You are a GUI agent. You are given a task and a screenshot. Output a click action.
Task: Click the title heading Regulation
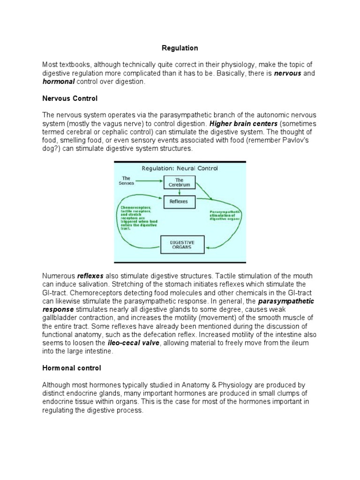click(x=180, y=48)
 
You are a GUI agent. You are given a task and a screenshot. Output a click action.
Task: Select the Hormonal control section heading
click(x=71, y=368)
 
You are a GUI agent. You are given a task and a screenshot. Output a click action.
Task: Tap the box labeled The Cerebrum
click(x=179, y=182)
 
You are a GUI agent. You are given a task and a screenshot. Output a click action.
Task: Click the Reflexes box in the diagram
click(x=179, y=202)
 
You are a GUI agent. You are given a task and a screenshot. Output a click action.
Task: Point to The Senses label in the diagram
click(x=126, y=180)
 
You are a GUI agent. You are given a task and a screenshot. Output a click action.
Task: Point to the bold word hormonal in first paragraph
click(x=59, y=82)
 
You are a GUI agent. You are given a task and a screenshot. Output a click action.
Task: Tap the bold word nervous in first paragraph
click(x=287, y=74)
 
